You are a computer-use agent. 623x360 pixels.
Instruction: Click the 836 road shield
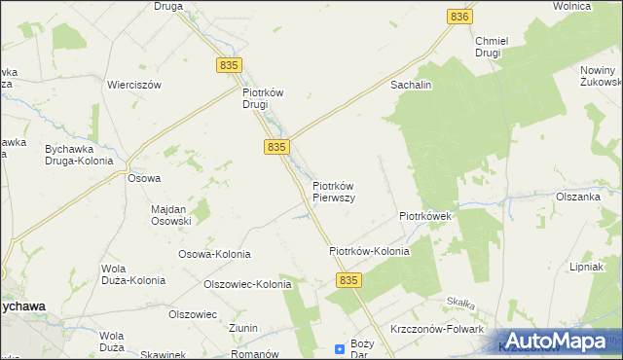(x=460, y=18)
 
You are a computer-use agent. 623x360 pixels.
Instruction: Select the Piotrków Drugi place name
(x=262, y=98)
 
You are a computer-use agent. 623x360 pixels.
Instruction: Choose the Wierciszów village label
(x=134, y=85)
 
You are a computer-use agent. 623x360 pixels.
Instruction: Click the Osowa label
(x=144, y=178)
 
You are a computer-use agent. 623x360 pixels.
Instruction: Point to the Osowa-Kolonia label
(x=214, y=254)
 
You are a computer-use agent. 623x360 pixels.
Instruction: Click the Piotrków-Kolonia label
(x=369, y=251)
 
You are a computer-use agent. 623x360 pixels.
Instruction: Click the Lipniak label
(x=589, y=267)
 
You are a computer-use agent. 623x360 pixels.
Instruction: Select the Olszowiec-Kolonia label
(x=246, y=285)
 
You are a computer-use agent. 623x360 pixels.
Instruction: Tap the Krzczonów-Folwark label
(x=438, y=330)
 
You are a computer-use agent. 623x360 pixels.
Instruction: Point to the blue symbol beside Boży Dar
(x=340, y=347)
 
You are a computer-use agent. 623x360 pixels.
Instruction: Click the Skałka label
(x=458, y=303)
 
